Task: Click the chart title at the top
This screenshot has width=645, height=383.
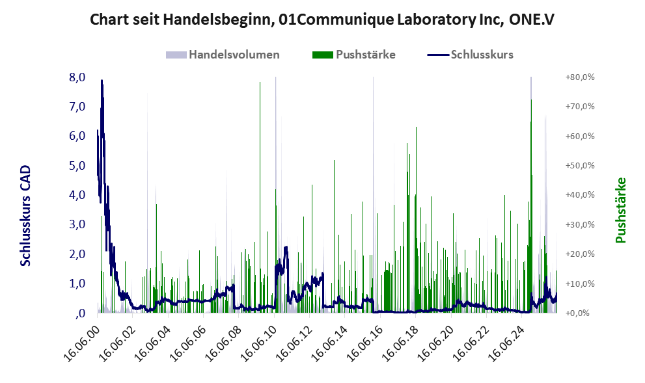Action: (x=322, y=20)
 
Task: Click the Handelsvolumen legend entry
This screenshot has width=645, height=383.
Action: (x=223, y=55)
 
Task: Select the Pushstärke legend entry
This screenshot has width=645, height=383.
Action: (x=354, y=55)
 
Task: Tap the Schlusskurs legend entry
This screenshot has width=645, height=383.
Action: (x=470, y=55)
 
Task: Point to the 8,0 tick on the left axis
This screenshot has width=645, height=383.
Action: (x=77, y=77)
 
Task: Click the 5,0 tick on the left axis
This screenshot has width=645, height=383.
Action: (x=77, y=166)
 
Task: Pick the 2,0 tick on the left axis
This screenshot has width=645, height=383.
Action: (x=77, y=254)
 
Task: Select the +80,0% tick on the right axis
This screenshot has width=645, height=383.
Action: (x=580, y=77)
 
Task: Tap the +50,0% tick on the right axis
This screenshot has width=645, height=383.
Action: (x=580, y=165)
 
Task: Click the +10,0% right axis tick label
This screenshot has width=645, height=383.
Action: (x=580, y=284)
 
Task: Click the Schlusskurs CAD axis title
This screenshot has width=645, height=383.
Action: (x=25, y=216)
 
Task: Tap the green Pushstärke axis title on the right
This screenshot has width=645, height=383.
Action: (x=620, y=211)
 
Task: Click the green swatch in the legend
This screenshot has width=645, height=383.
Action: (x=323, y=55)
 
